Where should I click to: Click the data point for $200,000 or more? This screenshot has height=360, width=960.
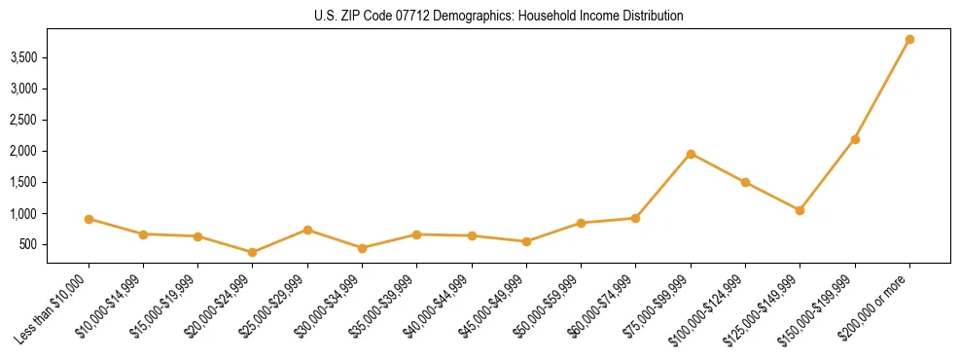coord(909,39)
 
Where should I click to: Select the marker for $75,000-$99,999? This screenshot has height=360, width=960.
coord(691,154)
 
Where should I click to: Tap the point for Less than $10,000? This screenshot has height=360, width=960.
coord(89,219)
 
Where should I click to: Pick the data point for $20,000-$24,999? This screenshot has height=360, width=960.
coord(253,252)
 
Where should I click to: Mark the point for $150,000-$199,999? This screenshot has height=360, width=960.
coord(855,139)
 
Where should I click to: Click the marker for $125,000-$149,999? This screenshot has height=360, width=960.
coord(800,210)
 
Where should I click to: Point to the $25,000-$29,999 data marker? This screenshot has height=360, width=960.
coord(307,230)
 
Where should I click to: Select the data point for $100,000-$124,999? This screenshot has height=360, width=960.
coord(745,182)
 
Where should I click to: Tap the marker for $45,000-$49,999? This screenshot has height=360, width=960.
coord(526,241)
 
